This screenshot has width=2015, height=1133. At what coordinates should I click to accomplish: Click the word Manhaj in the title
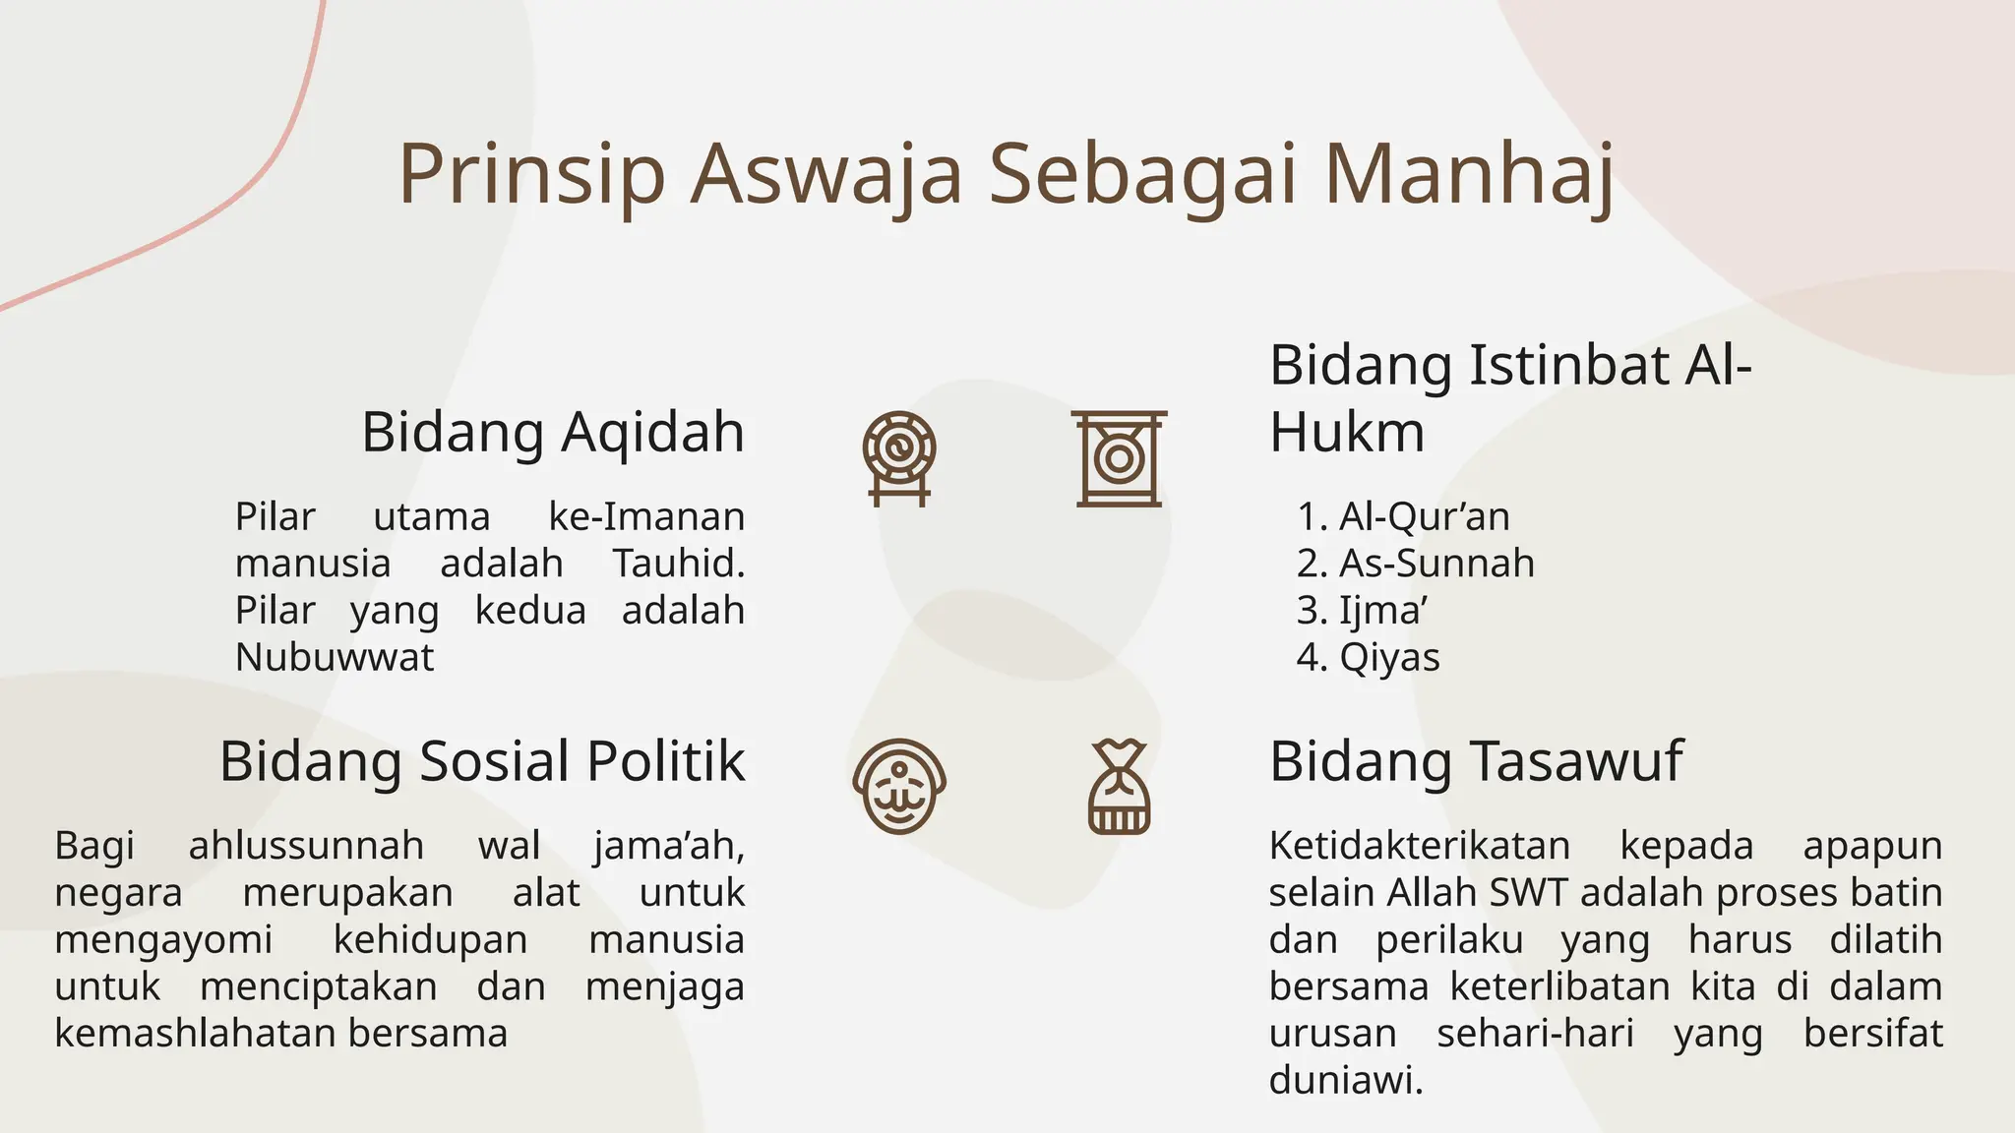pyautogui.click(x=1468, y=175)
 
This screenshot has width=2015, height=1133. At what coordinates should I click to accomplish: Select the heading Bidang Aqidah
pyautogui.click(x=553, y=432)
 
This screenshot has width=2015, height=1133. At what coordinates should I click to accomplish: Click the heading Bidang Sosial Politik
pyautogui.click(x=482, y=761)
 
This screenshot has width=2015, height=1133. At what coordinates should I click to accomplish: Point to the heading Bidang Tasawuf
pyautogui.click(x=1476, y=761)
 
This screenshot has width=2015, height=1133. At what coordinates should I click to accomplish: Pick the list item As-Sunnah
pyautogui.click(x=1435, y=564)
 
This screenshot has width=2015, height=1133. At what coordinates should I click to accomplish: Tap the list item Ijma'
pyautogui.click(x=1382, y=611)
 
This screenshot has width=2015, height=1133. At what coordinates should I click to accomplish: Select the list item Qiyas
pyautogui.click(x=1388, y=657)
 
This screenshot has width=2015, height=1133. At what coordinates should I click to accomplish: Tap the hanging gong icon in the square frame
pyautogui.click(x=1119, y=458)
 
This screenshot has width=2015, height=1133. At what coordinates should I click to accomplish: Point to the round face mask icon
pyautogui.click(x=899, y=787)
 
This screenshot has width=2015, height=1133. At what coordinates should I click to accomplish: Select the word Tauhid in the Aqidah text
pyautogui.click(x=678, y=564)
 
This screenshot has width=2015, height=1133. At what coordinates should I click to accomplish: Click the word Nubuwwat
pyautogui.click(x=335, y=657)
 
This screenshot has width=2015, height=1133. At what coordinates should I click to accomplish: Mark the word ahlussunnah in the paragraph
pyautogui.click(x=306, y=846)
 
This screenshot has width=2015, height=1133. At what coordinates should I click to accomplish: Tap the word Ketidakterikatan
pyautogui.click(x=1419, y=846)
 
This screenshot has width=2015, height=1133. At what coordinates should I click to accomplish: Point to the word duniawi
pyautogui.click(x=1345, y=1080)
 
